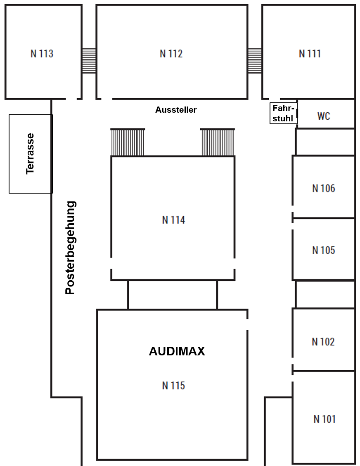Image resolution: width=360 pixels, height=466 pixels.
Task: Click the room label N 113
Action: coord(42,54)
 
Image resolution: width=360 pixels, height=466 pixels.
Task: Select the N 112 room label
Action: coord(171,54)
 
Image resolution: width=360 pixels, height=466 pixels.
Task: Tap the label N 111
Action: coord(310,54)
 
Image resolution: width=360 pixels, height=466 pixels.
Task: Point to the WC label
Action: coord(324,116)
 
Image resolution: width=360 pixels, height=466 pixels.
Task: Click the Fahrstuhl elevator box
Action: coord(283,113)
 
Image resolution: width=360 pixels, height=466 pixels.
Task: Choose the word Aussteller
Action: coord(176,110)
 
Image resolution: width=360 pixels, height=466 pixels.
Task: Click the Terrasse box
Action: coord(31,154)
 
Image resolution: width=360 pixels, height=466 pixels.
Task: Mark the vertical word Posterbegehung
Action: coord(71,248)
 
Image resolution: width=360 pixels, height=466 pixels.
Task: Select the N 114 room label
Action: coord(173,220)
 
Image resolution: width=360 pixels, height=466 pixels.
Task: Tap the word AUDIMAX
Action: coord(177,351)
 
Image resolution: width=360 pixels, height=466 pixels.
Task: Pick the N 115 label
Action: coord(173,386)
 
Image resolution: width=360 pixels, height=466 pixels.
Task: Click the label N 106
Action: coord(324,189)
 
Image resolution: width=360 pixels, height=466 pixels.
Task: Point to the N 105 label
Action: coord(324,250)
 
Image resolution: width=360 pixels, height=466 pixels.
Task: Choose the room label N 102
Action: coord(323,342)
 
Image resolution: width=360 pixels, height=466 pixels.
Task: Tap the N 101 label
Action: coord(324,419)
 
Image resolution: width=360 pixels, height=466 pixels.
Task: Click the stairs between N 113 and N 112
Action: coord(89,61)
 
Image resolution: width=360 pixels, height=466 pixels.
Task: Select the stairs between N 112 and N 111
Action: coord(255,61)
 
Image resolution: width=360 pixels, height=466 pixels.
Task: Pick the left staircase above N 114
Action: coord(128,142)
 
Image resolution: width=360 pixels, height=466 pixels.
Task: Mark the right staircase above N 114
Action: coord(218,142)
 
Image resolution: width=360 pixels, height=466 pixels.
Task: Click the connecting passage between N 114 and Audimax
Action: coord(172,295)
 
